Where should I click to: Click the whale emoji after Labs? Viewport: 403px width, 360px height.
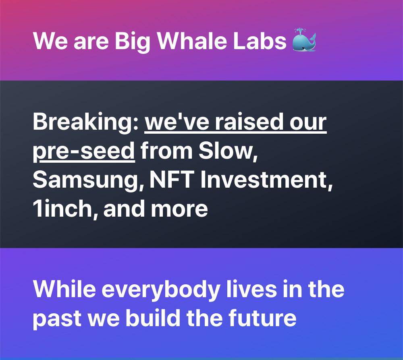pos(304,40)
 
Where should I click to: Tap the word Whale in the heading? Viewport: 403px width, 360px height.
pos(192,41)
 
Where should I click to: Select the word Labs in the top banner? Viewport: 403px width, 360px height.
pos(260,41)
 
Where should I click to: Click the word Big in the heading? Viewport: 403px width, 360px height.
pos(132,42)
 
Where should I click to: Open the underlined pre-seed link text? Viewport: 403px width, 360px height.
pos(84,152)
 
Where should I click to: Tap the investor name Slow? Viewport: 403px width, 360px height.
pos(228,151)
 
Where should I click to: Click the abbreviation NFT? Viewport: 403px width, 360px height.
pos(172,180)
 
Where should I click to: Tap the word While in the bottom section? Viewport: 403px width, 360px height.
pos(64,289)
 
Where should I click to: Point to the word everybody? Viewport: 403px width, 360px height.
pos(161,291)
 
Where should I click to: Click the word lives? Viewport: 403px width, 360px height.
pos(251,289)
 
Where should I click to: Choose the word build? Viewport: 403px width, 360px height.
pos(153,318)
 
